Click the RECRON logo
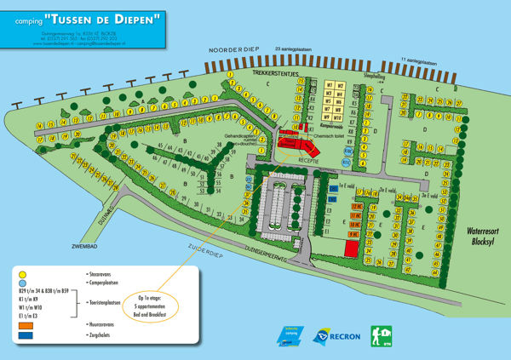pos(335,335)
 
